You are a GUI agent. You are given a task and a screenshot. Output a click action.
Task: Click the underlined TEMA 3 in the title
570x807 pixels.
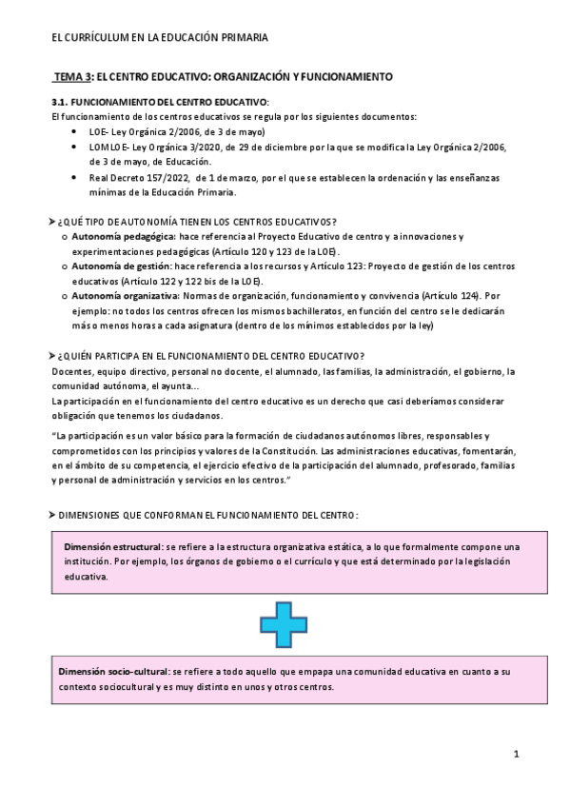pyautogui.click(x=71, y=75)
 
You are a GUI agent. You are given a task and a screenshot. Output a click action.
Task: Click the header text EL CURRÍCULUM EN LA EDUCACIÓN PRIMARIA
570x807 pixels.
pyautogui.click(x=159, y=37)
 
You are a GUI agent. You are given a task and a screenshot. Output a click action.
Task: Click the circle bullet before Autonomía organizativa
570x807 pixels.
pyautogui.click(x=64, y=297)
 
